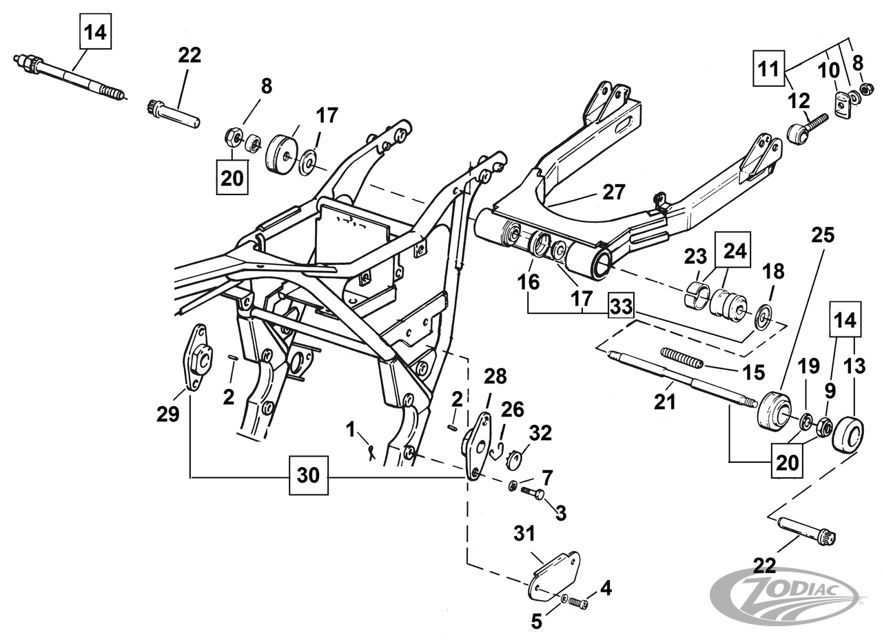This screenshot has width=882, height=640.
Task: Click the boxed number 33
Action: click(x=622, y=306)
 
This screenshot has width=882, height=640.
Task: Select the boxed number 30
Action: click(x=308, y=475)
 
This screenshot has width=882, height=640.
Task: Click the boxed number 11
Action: click(x=768, y=69)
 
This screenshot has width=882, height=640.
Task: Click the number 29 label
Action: click(x=167, y=414)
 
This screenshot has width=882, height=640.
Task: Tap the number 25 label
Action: click(x=823, y=235)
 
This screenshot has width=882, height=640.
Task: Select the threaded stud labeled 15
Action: click(x=682, y=357)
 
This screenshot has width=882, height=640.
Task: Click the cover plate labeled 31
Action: click(x=555, y=574)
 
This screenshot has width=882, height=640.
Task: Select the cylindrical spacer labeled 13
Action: click(x=848, y=434)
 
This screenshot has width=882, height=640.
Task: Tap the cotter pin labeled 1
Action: click(x=371, y=452)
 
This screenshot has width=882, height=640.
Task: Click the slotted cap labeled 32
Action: click(x=513, y=459)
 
